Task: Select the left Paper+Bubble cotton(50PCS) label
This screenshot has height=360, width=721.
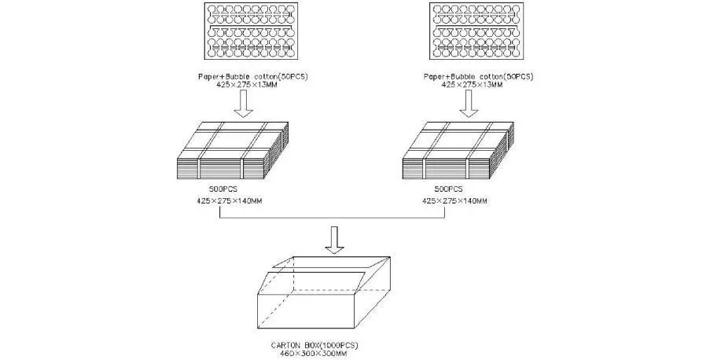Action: (245, 76)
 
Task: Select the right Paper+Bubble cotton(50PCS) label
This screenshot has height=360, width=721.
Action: (476, 76)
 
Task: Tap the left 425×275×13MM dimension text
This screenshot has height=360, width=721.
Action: (245, 84)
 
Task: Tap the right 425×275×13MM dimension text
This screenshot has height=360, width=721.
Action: (476, 84)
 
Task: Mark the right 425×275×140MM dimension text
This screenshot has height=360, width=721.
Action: (454, 201)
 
